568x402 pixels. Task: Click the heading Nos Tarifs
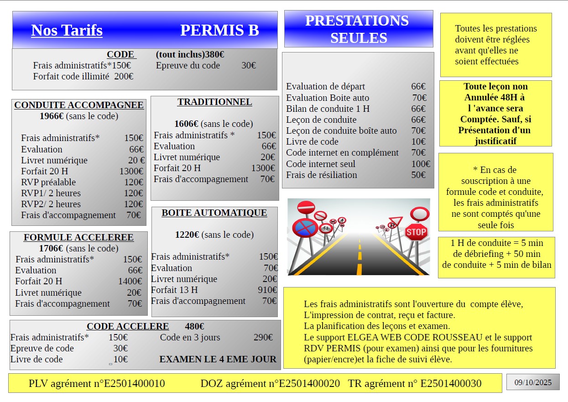[x=67, y=30]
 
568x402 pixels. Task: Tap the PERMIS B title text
[x=219, y=30]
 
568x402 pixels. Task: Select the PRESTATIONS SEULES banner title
[x=358, y=29]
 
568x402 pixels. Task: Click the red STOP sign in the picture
[x=416, y=232]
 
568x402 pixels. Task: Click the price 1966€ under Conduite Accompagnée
[x=51, y=116]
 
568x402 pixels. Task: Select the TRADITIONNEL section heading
[x=214, y=102]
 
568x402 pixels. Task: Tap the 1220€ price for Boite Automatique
[x=187, y=235]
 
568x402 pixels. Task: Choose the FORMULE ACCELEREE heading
[x=78, y=237]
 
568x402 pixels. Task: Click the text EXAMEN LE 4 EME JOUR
[x=218, y=359]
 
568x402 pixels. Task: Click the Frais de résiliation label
[x=321, y=175]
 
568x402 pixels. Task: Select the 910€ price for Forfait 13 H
[x=267, y=290]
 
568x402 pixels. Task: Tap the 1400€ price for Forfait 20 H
[x=130, y=281]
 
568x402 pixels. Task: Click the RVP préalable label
[x=48, y=182]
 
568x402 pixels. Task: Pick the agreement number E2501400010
[x=134, y=383]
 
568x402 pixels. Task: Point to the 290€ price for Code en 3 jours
[x=263, y=337]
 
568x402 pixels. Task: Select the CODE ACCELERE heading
[x=128, y=326]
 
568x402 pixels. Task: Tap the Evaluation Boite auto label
[x=327, y=98]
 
